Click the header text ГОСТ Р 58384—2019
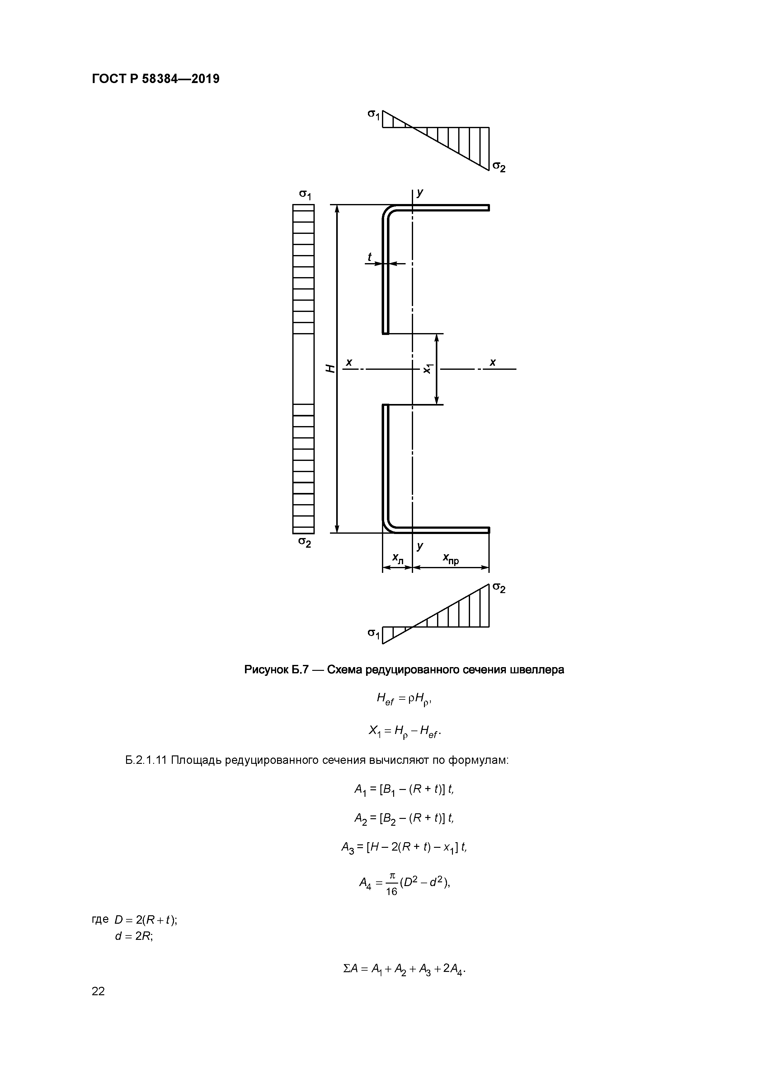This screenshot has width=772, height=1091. [x=156, y=79]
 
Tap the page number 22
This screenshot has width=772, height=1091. [x=98, y=991]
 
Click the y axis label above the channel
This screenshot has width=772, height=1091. [x=420, y=193]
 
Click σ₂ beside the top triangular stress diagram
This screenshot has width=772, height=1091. [x=498, y=167]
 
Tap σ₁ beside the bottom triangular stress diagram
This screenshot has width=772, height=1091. [x=374, y=634]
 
